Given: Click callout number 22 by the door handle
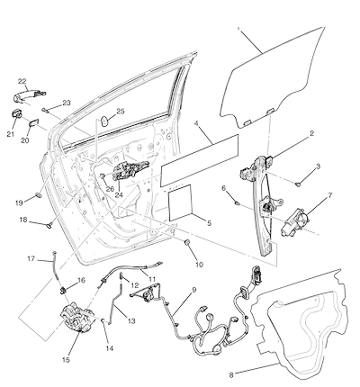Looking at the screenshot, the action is (x=22, y=81).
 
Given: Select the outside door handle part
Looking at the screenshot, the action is (x=30, y=96).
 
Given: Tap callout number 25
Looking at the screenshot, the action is (x=121, y=112).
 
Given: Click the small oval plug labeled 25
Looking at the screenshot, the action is (x=103, y=121).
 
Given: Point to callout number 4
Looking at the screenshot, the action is (x=197, y=124).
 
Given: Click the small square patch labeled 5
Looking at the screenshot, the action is (x=180, y=202).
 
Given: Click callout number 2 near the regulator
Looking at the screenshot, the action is (x=312, y=133).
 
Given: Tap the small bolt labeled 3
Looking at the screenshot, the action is (x=299, y=184).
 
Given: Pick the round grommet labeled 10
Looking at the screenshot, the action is (x=187, y=242).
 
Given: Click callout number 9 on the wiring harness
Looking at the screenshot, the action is (x=194, y=290).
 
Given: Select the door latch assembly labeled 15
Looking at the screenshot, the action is (x=75, y=319).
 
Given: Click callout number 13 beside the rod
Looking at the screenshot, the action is (x=131, y=321).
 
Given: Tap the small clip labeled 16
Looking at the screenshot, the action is (x=63, y=291).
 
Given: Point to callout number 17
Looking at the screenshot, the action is (x=31, y=258).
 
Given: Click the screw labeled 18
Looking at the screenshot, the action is (x=49, y=224).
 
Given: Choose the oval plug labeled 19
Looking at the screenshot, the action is (x=39, y=195).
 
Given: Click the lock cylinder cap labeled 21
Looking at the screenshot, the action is (x=17, y=114).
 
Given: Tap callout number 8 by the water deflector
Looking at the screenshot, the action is (x=231, y=374).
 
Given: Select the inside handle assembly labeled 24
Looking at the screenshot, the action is (x=130, y=171).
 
